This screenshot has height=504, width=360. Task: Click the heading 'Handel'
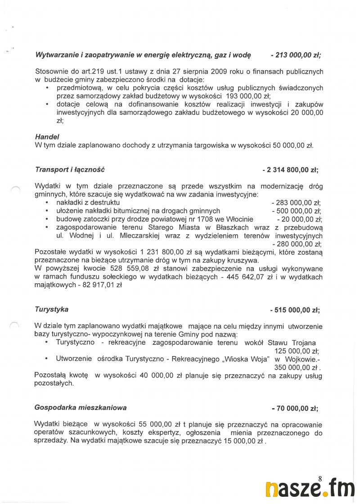47,136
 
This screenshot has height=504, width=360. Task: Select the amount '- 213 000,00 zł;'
296,55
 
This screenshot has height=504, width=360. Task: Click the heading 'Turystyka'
52,309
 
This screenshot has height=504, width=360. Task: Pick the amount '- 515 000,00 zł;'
295,310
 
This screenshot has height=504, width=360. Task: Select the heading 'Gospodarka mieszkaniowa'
81,408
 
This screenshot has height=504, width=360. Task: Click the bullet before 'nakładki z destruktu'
47,203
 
